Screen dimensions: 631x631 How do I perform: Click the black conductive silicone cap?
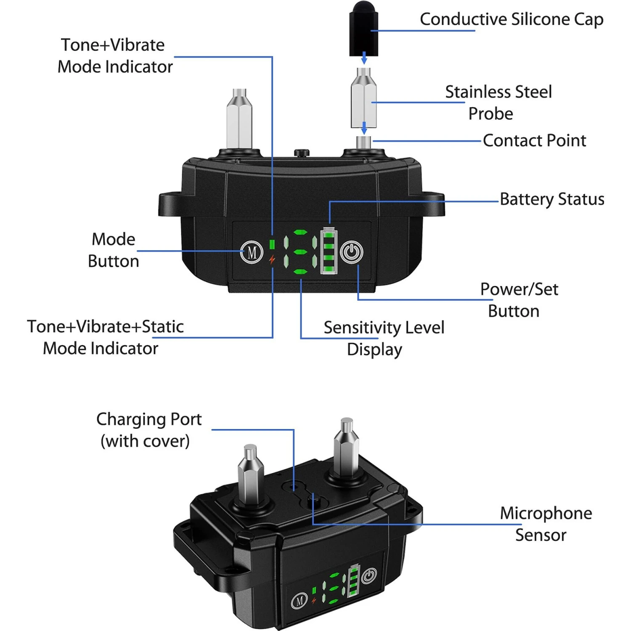(363, 29)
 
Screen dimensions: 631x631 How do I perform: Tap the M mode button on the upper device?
(252, 252)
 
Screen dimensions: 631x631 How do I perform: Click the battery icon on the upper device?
(329, 251)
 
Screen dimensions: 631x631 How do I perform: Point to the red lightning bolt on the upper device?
(272, 260)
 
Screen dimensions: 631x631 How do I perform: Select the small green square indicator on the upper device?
(272, 244)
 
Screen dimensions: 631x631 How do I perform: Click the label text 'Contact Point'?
(534, 141)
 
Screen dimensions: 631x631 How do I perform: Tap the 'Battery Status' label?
(552, 199)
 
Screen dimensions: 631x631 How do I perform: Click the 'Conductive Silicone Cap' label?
(512, 19)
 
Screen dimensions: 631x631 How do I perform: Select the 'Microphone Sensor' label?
(545, 524)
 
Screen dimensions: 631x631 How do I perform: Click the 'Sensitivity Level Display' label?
(383, 338)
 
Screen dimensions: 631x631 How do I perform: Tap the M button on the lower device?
(299, 601)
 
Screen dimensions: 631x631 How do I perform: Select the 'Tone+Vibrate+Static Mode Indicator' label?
(105, 337)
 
